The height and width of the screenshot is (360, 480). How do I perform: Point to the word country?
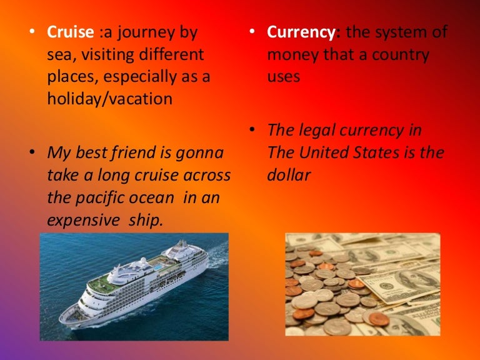[399, 55]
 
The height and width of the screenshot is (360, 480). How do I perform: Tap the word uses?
[284, 77]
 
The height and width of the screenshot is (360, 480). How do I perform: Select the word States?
[389, 153]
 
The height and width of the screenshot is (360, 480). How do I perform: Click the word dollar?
[289, 175]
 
